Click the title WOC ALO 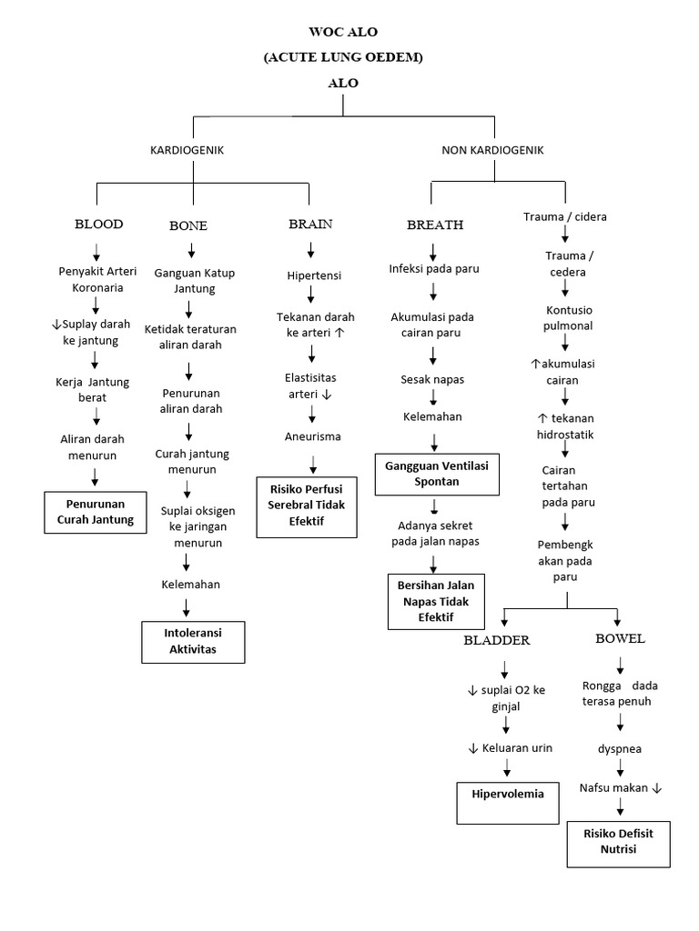click(x=343, y=32)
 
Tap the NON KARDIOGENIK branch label click(x=492, y=150)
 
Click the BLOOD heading click(x=98, y=224)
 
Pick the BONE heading click(x=188, y=225)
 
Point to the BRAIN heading click(x=310, y=224)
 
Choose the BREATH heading click(x=435, y=225)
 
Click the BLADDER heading click(x=496, y=640)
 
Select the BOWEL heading click(x=620, y=638)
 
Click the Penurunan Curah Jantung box click(x=96, y=512)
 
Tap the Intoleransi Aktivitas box click(x=193, y=640)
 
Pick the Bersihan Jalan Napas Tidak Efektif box click(x=436, y=600)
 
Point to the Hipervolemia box click(x=507, y=801)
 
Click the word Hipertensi click(x=314, y=274)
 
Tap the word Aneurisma click(x=313, y=436)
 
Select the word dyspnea click(x=618, y=750)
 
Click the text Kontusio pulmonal click(x=569, y=316)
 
